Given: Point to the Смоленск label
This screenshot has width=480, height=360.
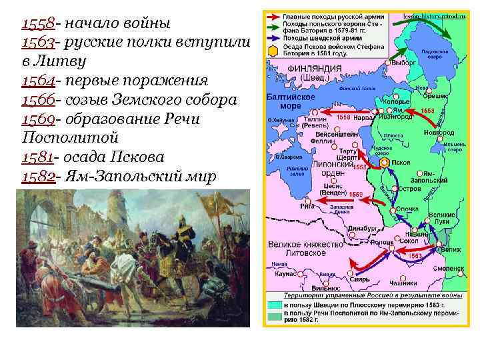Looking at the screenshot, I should coord(451,268).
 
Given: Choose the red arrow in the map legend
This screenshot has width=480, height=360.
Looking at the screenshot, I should coord(273,15).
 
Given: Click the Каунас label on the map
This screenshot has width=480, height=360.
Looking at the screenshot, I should coord(283,274).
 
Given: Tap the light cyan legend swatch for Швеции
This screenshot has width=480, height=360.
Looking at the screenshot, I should coord(274,303).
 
